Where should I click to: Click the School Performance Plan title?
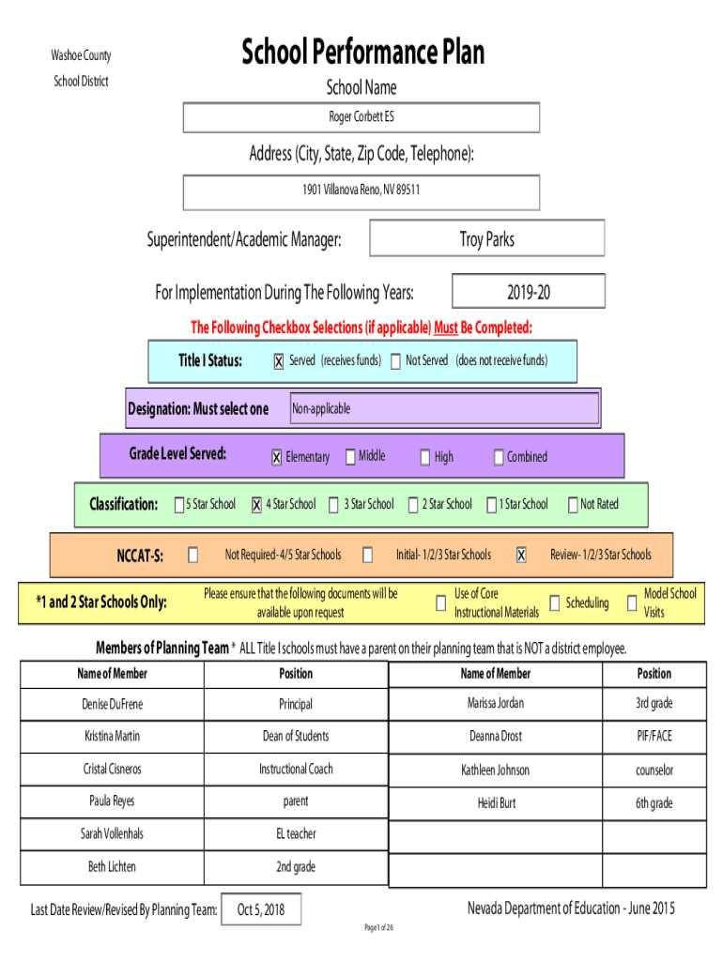point(362,52)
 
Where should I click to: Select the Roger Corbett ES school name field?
point(361,117)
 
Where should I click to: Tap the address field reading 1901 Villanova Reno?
point(361,192)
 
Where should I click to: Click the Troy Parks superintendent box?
point(487,237)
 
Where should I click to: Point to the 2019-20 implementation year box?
point(528,291)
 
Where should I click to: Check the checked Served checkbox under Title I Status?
point(279,361)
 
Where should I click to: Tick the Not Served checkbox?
point(395,360)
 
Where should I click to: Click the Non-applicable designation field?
point(444,408)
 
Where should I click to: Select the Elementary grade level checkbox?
point(277,457)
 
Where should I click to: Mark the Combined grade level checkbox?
point(499,457)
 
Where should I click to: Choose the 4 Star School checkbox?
point(257,504)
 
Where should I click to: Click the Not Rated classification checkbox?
point(573,504)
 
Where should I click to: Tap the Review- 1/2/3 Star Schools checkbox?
point(520,555)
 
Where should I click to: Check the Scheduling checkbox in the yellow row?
point(554,603)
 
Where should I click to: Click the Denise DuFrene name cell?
point(113,704)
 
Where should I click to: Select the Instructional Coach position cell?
point(296,770)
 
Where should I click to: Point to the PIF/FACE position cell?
point(654,736)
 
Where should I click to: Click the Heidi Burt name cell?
point(496,803)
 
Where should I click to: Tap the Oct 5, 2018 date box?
point(261,909)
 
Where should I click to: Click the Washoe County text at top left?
point(81,55)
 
